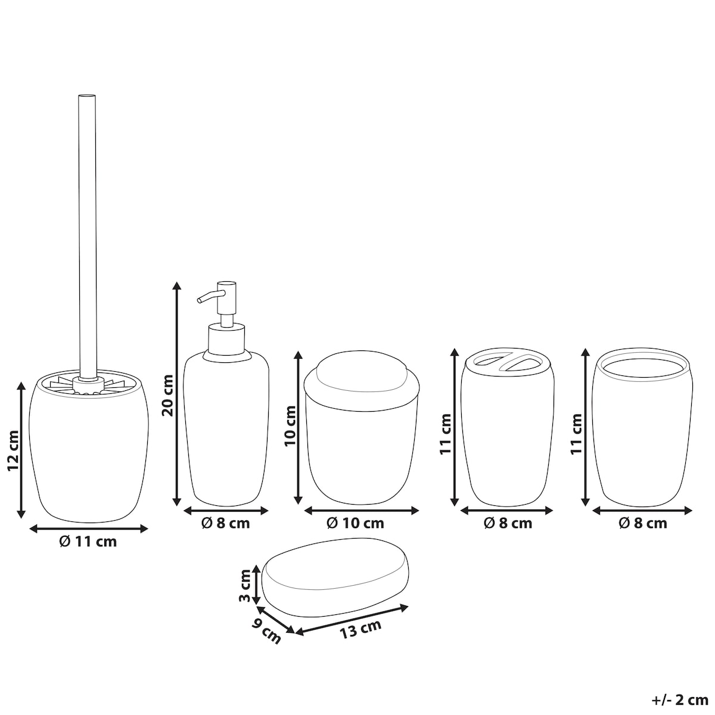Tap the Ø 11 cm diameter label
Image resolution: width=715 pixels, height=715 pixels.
[x=88, y=542]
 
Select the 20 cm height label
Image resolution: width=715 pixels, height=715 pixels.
[x=167, y=395]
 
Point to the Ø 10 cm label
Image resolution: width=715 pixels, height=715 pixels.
[x=355, y=523]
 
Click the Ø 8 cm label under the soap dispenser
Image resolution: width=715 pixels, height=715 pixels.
[x=226, y=523]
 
